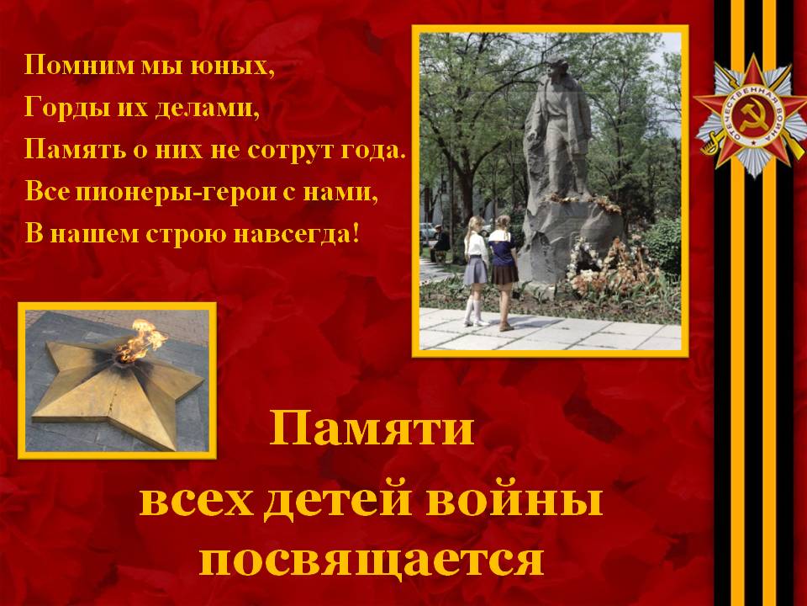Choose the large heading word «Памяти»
pos(372,428)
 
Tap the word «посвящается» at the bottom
pos(371,561)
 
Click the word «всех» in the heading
pos(196,502)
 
